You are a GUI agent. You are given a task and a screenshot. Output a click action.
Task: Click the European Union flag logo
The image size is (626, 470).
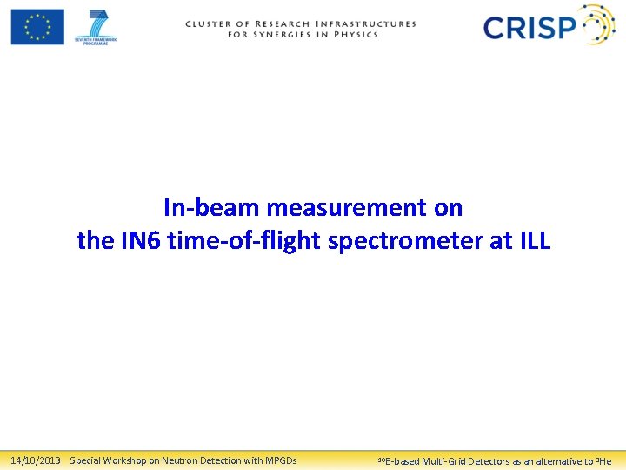tap(37, 26)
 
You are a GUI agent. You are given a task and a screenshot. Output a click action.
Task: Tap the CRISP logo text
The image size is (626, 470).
tap(529, 28)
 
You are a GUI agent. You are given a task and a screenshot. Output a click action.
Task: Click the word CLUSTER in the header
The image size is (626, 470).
tap(210, 24)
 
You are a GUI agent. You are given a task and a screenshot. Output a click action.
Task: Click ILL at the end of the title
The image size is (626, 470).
tap(533, 241)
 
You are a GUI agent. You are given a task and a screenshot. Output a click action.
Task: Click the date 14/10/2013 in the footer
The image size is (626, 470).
tap(35, 460)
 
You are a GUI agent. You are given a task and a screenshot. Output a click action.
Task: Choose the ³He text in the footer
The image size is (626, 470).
tap(603, 460)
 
